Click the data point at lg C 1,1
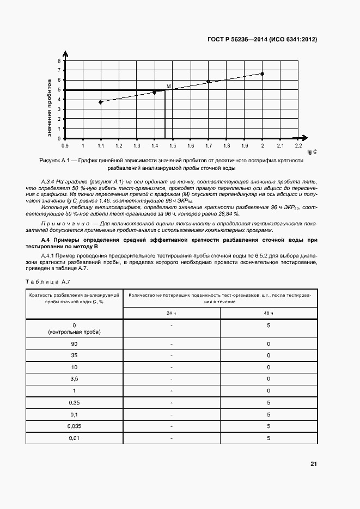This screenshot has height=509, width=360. point(100,102)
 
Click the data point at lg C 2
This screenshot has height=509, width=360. point(262,73)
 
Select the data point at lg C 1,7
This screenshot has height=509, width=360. point(208,82)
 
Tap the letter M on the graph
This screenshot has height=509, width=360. point(168,87)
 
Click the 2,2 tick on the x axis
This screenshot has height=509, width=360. point(298,146)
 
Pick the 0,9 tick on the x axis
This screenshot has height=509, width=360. point(65,146)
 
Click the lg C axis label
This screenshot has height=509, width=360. point(312,152)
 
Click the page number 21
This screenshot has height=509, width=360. point(313,464)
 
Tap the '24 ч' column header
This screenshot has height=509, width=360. point(172,313)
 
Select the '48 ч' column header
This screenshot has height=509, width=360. point(269,313)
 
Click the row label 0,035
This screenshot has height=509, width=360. point(75,426)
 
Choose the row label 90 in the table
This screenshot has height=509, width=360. point(75,344)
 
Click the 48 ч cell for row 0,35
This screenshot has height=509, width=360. point(269,403)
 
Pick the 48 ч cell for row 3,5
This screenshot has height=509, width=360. point(269,379)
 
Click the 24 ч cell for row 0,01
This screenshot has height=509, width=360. point(172,438)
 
